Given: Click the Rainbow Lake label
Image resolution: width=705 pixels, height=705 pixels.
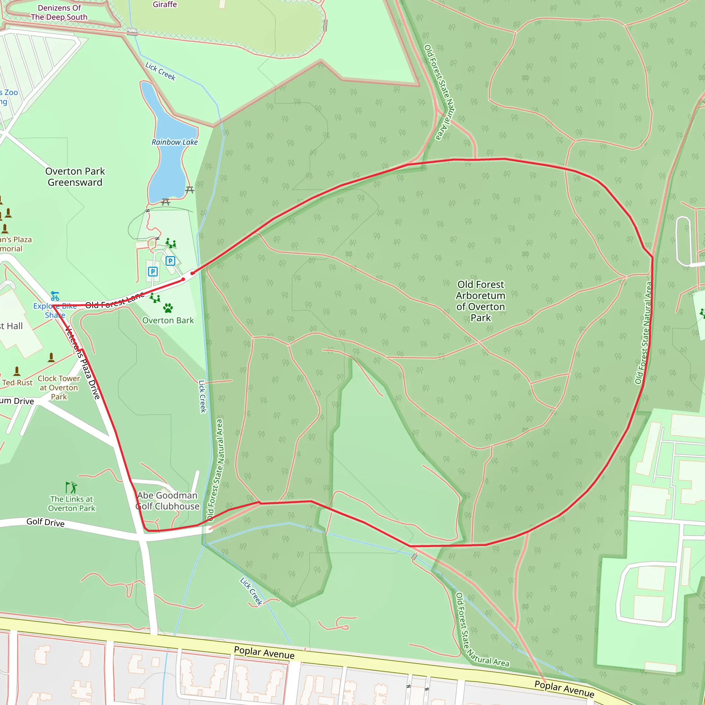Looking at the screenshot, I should point(175,142).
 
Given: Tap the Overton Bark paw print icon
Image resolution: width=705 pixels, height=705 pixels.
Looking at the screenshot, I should point(168,308).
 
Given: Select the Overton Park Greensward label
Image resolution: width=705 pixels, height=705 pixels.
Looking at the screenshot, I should point(75,177).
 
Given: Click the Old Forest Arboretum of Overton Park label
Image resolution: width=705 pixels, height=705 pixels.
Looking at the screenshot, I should point(481,301).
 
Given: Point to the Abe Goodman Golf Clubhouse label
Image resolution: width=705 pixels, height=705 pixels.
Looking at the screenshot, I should point(168,501).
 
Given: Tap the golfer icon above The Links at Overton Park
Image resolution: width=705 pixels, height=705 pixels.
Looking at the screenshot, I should point(72,487).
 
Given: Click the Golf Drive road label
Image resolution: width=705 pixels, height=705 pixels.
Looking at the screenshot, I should point(45,522).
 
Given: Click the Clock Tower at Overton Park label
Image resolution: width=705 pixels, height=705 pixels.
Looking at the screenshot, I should point(59,388).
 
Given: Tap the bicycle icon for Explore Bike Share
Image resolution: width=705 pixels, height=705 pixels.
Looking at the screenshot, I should point(55,296).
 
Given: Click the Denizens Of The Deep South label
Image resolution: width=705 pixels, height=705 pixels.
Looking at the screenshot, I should point(59,12).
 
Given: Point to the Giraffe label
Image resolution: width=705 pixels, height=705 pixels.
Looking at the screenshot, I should point(165,4).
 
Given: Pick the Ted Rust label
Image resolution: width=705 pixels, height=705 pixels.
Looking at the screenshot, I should point(17,382).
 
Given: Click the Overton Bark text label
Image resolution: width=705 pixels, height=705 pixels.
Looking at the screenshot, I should point(168,320).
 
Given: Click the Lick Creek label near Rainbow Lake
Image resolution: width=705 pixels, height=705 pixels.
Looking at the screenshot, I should point(160,71).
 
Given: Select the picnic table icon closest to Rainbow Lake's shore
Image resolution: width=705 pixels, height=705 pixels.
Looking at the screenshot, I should point(189,190).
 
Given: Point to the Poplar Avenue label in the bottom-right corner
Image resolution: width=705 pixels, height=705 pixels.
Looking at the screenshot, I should point(564,688).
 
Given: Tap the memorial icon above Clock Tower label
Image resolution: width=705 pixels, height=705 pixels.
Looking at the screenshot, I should point(51,357).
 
